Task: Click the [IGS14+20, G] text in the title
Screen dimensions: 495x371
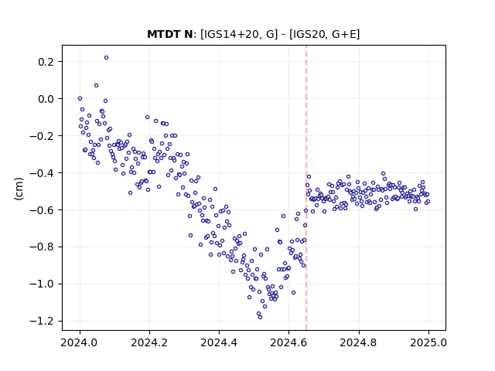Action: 239,34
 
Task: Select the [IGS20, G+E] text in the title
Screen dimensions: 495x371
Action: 324,34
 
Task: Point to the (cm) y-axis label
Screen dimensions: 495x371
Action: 19,189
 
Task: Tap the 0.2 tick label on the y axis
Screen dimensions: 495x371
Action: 46,62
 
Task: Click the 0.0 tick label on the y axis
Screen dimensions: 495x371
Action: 46,99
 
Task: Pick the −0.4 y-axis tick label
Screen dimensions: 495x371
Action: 42,173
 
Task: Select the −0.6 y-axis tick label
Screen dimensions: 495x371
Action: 42,210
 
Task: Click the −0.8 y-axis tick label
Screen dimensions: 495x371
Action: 42,247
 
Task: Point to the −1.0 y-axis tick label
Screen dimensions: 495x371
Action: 42,284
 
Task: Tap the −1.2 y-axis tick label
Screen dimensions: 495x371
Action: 42,322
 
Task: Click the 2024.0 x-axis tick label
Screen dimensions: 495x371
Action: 80,342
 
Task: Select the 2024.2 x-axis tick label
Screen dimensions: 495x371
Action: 149,342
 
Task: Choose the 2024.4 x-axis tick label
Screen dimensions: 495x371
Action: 219,342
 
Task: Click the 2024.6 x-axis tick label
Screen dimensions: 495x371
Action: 288,342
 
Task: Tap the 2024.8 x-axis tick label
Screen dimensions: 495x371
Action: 358,342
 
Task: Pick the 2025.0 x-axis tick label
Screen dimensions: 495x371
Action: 428,342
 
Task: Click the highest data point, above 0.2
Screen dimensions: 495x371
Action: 107,57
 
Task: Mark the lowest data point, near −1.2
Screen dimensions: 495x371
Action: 260,317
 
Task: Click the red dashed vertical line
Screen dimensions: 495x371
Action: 306,188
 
